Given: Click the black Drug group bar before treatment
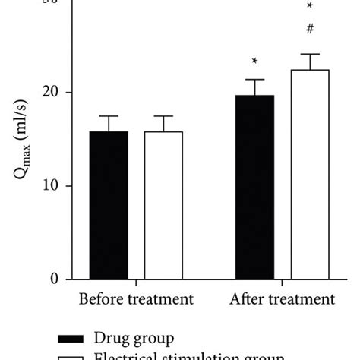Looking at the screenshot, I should [x=109, y=205].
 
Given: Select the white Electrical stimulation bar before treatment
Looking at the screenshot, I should [x=163, y=205].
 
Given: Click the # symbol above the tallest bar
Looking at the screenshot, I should [x=310, y=30].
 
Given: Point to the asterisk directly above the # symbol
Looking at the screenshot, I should [x=310, y=7].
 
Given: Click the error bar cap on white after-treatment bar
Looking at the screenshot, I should [x=310, y=54].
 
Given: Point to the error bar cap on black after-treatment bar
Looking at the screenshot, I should [x=254, y=80].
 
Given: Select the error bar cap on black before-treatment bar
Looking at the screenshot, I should [x=109, y=116].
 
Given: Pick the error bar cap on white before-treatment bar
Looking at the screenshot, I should [x=163, y=116].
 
